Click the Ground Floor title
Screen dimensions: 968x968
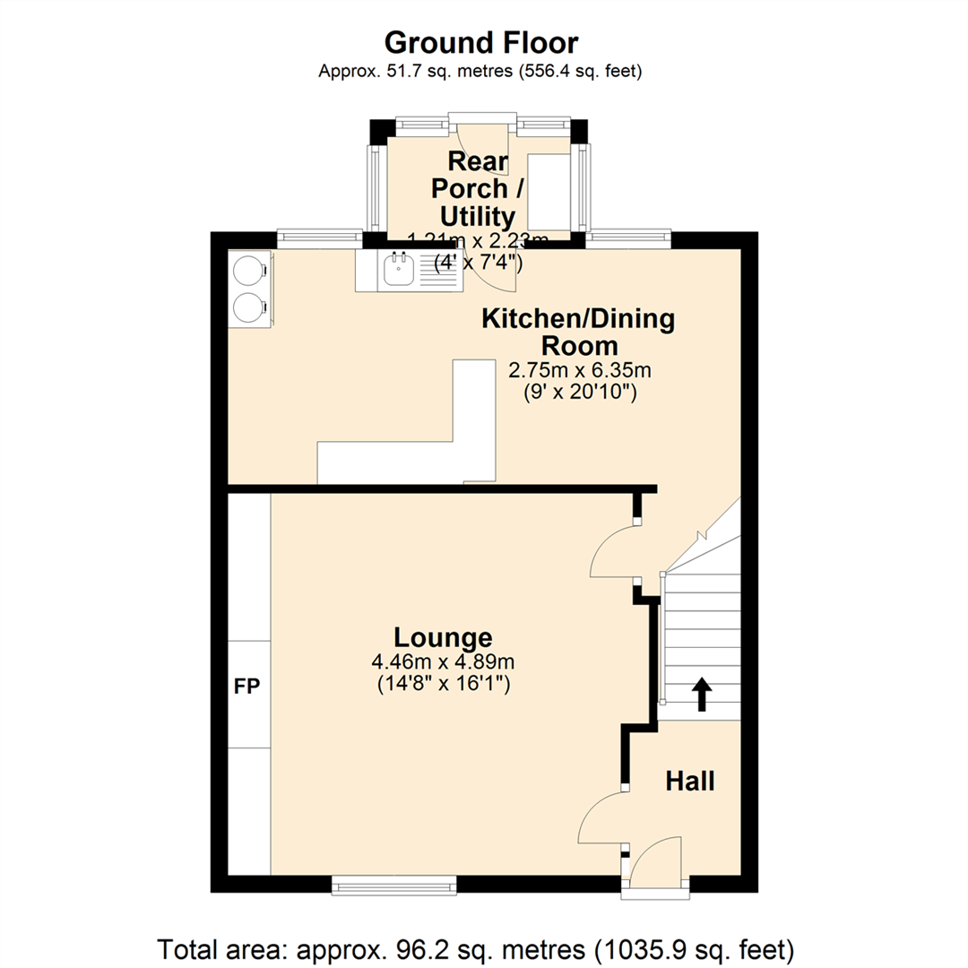pyautogui.click(x=481, y=42)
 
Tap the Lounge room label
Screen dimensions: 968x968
pyautogui.click(x=443, y=637)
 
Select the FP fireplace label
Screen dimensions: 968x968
pyautogui.click(x=247, y=687)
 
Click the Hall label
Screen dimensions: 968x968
pyautogui.click(x=690, y=782)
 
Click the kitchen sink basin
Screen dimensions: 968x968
pyautogui.click(x=397, y=272)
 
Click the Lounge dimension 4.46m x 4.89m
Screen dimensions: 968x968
pyautogui.click(x=443, y=662)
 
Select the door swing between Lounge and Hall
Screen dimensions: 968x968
pyautogui.click(x=601, y=817)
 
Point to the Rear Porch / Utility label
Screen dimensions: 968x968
pyautogui.click(x=477, y=189)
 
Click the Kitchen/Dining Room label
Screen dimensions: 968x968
pyautogui.click(x=578, y=332)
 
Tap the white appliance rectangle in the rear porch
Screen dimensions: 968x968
pyautogui.click(x=549, y=190)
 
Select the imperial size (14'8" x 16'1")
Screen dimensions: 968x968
pyautogui.click(x=443, y=684)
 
